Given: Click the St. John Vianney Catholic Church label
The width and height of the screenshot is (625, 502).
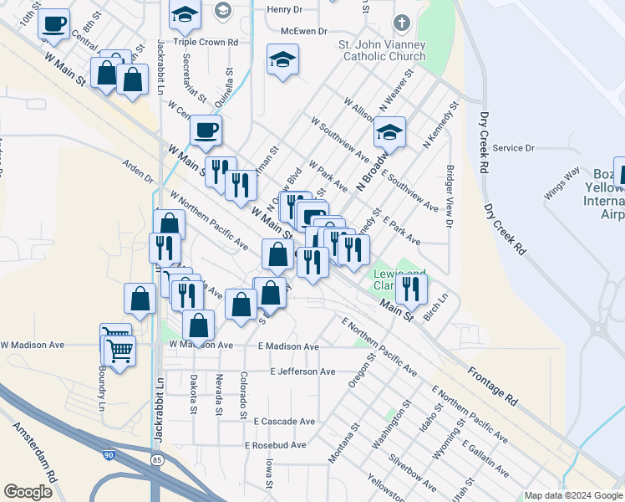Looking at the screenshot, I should click(x=382, y=51).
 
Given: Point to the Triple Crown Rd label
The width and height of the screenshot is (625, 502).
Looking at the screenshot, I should click(x=206, y=41).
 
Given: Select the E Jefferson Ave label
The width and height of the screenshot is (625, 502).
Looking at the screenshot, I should click(x=302, y=371).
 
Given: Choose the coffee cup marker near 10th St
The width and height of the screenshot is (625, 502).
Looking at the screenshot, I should click(x=54, y=24).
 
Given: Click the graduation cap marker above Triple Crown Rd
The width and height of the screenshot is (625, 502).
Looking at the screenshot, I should click(x=185, y=13).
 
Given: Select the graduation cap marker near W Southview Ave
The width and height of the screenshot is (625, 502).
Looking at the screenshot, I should click(x=389, y=132).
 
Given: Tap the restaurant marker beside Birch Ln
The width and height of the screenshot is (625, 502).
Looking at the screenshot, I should click(x=410, y=288).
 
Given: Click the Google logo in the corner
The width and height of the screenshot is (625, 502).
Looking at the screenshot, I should click(x=28, y=492).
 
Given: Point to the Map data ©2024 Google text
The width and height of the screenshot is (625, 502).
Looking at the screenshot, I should click(x=573, y=495).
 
